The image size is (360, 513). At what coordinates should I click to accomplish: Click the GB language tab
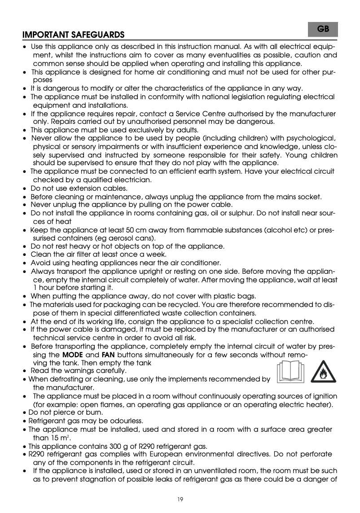[323, 29]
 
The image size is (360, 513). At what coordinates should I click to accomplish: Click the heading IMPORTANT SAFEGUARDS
[74, 35]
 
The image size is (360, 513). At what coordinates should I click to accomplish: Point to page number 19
[180, 499]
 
